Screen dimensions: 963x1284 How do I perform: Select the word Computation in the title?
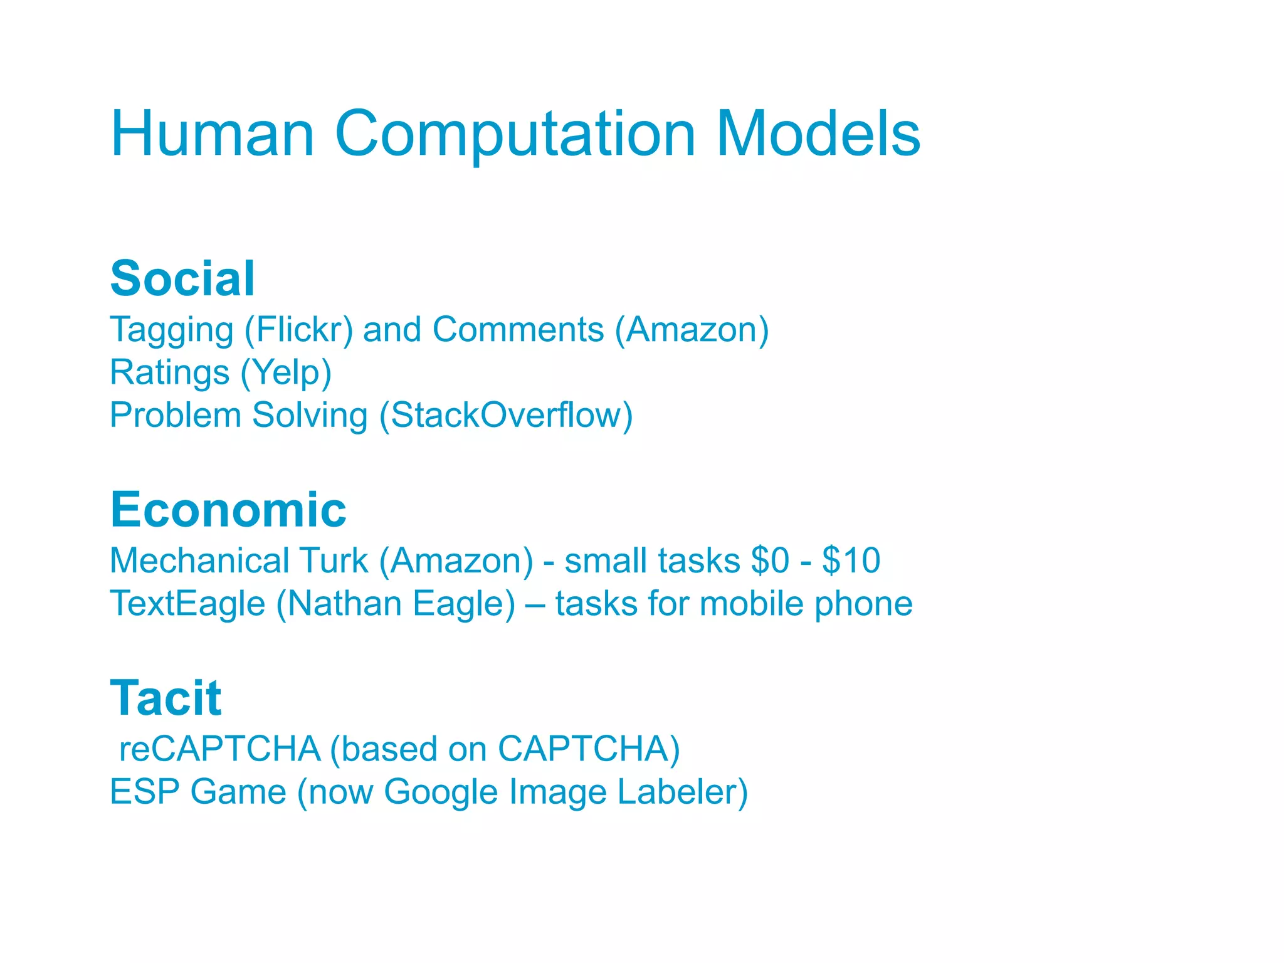pos(515,135)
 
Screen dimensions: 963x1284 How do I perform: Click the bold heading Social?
pos(182,278)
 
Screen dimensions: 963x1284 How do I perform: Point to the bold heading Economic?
pos(228,509)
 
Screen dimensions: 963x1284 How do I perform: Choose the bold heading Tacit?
pos(166,698)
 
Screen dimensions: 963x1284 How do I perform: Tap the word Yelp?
pos(286,373)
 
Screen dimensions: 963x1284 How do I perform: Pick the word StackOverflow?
pos(506,415)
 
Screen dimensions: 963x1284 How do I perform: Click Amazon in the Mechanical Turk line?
pos(456,560)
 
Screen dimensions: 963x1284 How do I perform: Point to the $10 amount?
pos(851,560)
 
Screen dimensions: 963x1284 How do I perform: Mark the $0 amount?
pos(770,560)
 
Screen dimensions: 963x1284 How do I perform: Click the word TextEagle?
pos(187,604)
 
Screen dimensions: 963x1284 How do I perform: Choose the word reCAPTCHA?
pos(219,749)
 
